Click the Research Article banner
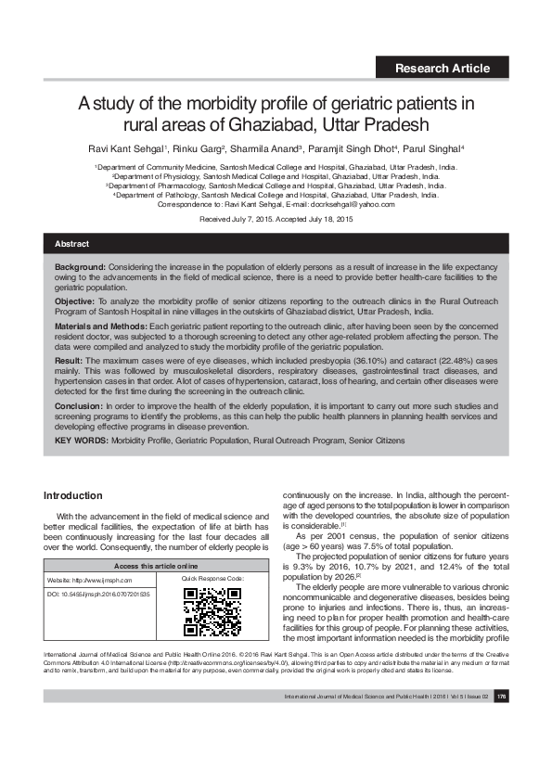[x=443, y=68]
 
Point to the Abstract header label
[x=72, y=244]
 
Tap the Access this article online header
[x=156, y=565]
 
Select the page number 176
[x=501, y=723]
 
